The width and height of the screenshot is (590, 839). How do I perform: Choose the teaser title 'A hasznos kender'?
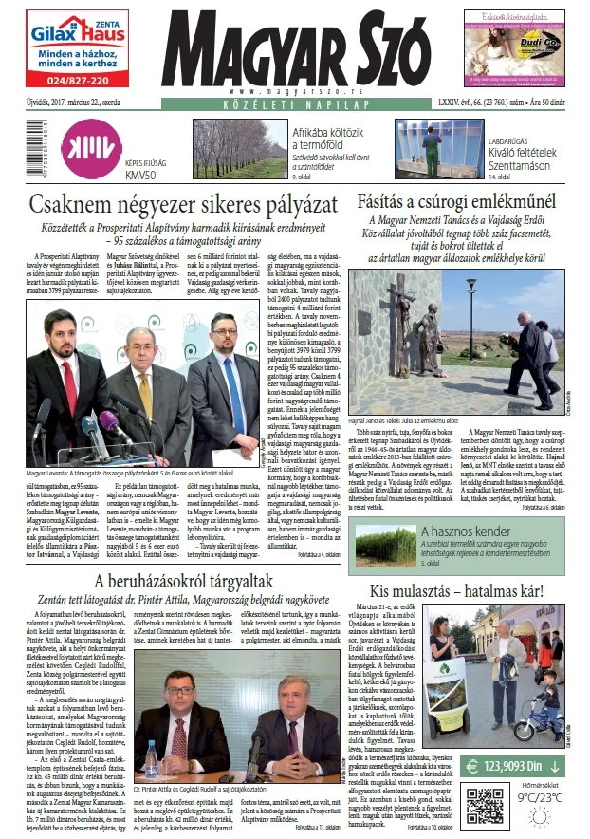(462, 533)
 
